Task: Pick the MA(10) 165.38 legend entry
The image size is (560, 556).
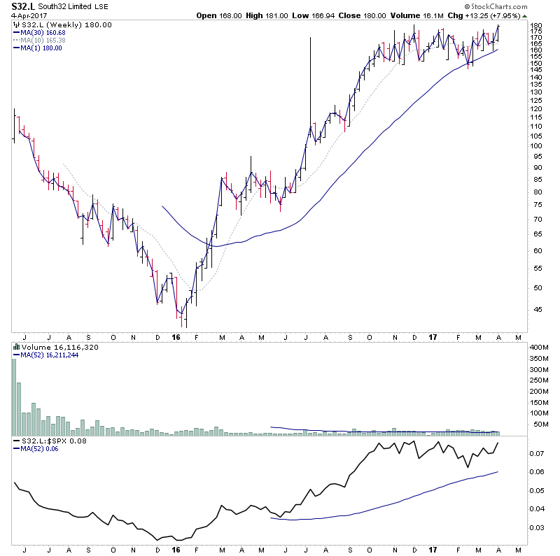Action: (x=44, y=41)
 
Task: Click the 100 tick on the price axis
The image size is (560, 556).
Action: (x=536, y=146)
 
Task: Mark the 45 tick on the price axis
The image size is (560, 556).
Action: (x=536, y=310)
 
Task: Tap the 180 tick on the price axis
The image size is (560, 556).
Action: (x=536, y=26)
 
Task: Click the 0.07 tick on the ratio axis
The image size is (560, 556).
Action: (x=536, y=453)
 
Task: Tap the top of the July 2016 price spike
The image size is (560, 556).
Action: (x=309, y=38)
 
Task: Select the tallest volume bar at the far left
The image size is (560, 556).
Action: (x=13, y=389)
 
